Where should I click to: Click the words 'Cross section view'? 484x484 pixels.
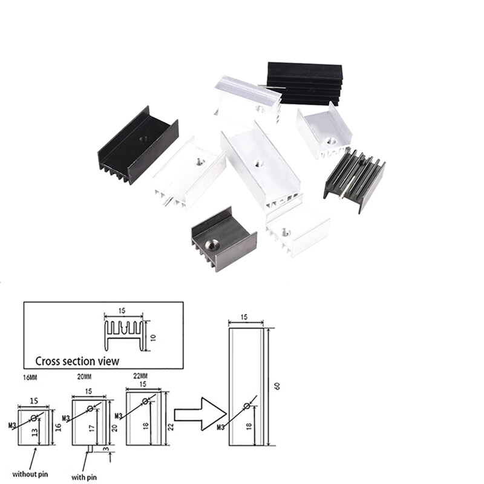pyautogui.click(x=77, y=361)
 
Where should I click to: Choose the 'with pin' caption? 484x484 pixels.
pyautogui.click(x=84, y=477)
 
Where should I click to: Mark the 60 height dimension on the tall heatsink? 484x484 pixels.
pyautogui.click(x=277, y=386)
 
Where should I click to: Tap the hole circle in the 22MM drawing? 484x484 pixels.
pyautogui.click(x=145, y=401)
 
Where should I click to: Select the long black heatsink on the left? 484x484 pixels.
pyautogui.click(x=138, y=145)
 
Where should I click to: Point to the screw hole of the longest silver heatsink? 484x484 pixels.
pyautogui.click(x=258, y=163)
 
